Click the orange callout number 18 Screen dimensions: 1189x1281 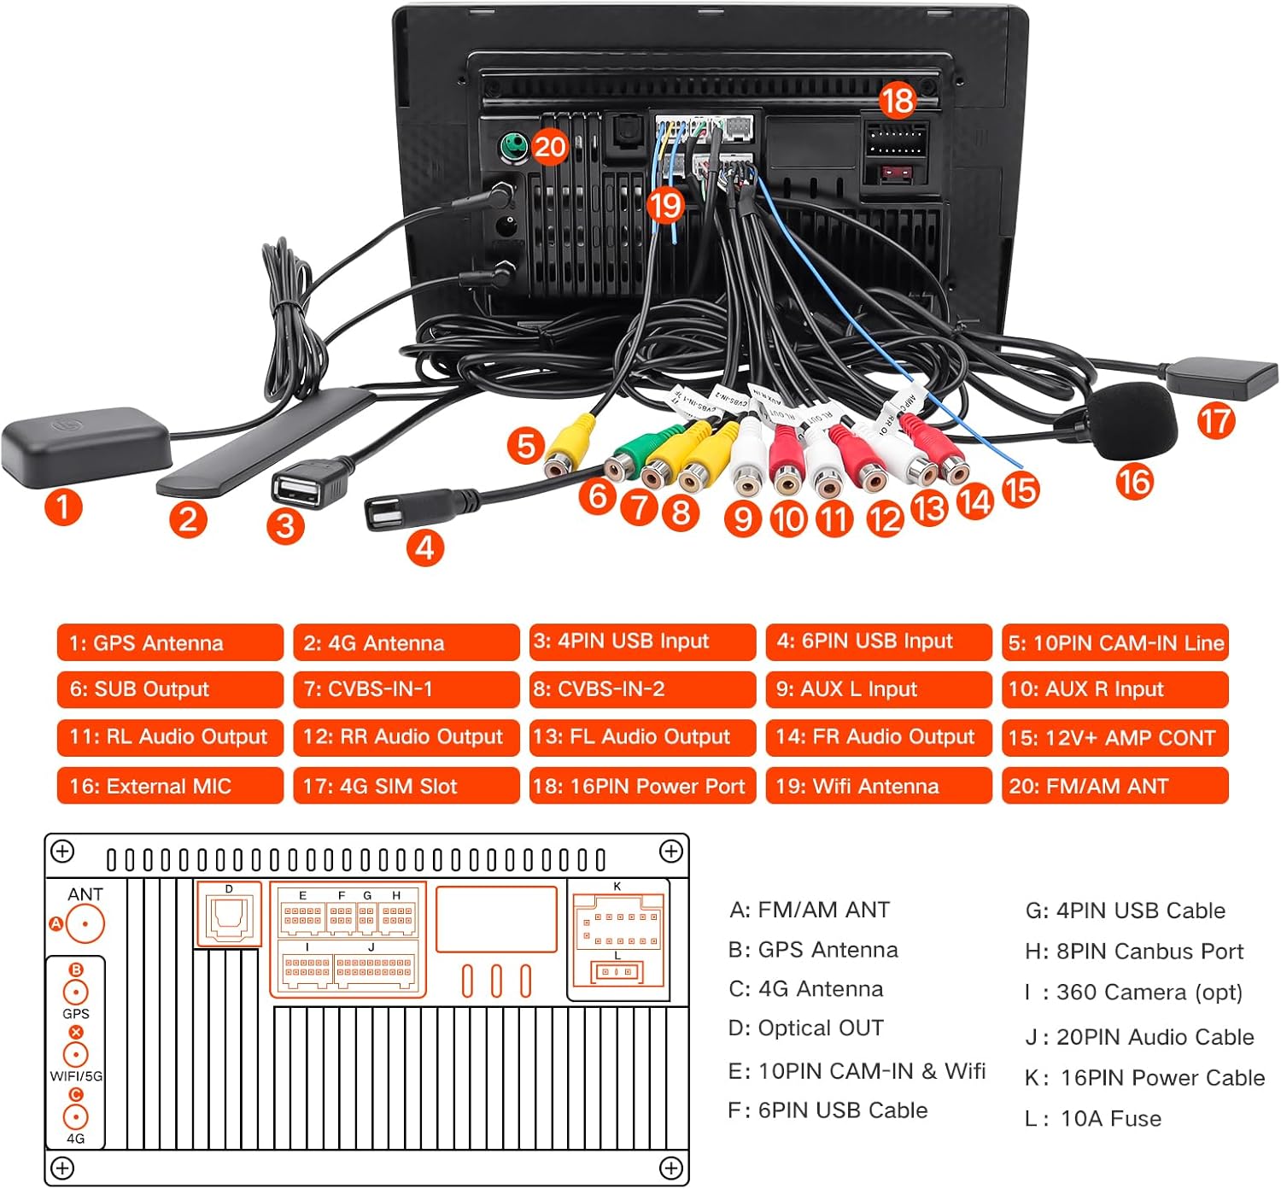coord(897,101)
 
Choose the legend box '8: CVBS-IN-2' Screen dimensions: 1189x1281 coord(642,689)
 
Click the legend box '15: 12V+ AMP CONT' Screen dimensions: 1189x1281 coord(1114,738)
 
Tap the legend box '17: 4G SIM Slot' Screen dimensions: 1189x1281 coord(406,786)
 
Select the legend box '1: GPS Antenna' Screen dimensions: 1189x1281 coord(170,642)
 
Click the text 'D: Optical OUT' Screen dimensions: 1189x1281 coord(805,1028)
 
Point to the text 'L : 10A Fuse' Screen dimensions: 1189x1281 coord(1093,1118)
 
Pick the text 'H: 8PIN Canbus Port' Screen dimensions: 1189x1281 coord(1134,951)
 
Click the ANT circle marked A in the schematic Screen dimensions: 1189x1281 coord(85,924)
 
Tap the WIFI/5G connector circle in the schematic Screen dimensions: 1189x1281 coord(76,1054)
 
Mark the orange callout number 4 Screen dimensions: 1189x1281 coord(424,548)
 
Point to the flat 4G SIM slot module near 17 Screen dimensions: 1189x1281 coord(1221,378)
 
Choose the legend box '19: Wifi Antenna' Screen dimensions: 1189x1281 coord(879,786)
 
